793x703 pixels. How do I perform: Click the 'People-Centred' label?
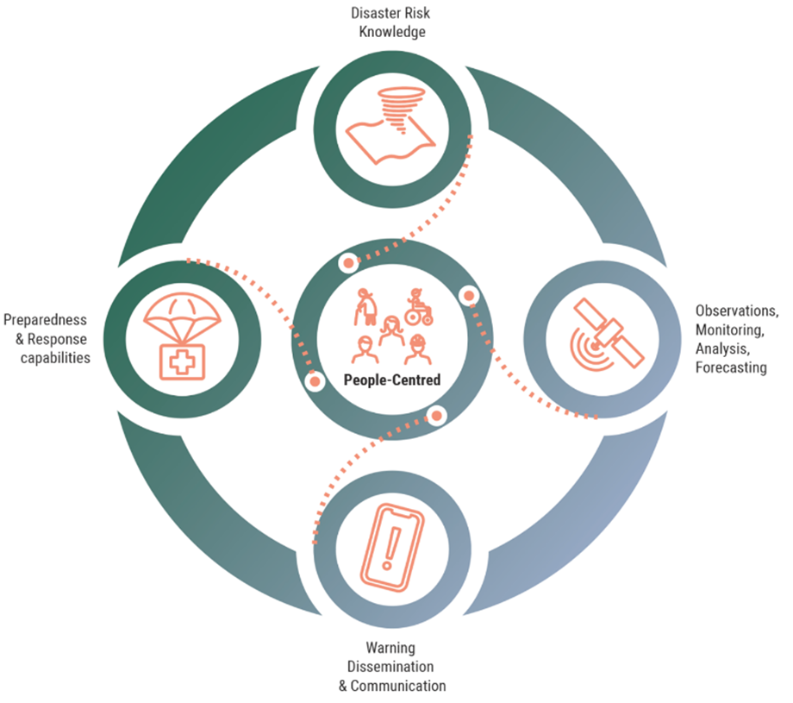pyautogui.click(x=391, y=380)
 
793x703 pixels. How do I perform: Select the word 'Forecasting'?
pyautogui.click(x=731, y=367)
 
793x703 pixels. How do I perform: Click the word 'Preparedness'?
pyautogui.click(x=45, y=319)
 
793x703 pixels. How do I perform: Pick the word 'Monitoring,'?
pyautogui.click(x=730, y=330)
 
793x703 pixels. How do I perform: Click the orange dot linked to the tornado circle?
pyautogui.click(x=348, y=262)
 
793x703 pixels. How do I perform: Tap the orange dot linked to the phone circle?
pyautogui.click(x=437, y=416)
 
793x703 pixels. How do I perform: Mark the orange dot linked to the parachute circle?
pyautogui.click(x=315, y=380)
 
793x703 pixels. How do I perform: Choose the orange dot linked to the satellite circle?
pyautogui.click(x=469, y=296)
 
